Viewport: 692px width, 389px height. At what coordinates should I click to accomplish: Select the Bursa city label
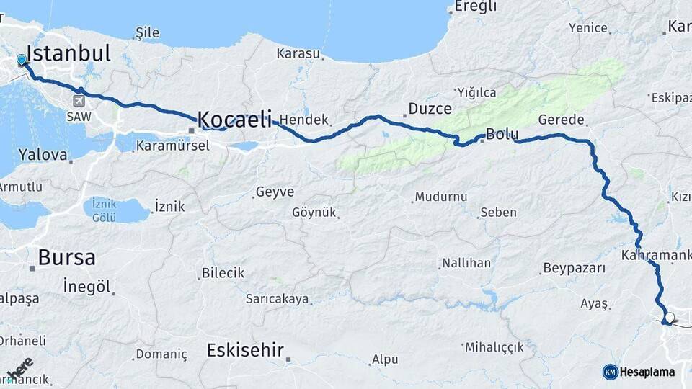coord(66,257)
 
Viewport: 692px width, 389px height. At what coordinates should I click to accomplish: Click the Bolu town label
coord(502,134)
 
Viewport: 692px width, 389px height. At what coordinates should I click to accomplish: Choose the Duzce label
coord(430,109)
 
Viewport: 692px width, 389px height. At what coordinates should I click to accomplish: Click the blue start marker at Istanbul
coord(22,61)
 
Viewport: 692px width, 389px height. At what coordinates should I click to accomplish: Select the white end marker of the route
coord(670,318)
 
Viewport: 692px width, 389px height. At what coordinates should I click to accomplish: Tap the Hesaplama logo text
coord(647,372)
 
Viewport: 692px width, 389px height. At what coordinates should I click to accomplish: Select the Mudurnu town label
coord(441,197)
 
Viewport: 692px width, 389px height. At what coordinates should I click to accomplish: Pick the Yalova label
coord(43,154)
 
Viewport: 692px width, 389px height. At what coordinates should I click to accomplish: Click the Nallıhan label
coord(466,263)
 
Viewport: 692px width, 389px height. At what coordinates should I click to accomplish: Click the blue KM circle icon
coord(610,372)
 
